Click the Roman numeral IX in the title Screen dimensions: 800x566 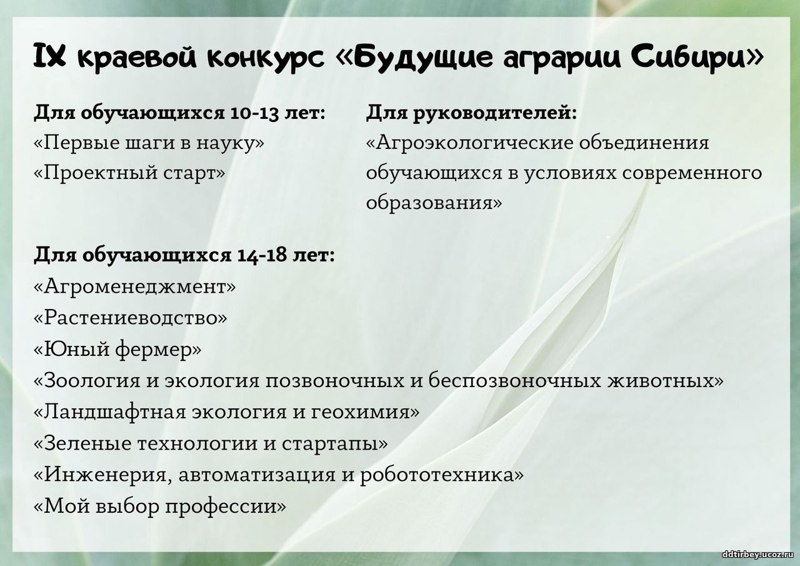(x=49, y=56)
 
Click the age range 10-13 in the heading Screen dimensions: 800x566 (x=254, y=113)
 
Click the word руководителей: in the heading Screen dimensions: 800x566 (x=495, y=114)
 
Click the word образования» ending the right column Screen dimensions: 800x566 (x=434, y=203)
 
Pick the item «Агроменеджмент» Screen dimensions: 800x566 (x=135, y=286)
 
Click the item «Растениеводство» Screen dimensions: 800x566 (x=131, y=318)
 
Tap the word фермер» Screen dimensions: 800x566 (x=158, y=350)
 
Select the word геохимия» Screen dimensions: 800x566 (x=366, y=413)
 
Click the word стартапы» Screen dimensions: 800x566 (x=335, y=445)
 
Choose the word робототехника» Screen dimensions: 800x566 (x=442, y=475)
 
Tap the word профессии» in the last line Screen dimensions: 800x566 (x=226, y=507)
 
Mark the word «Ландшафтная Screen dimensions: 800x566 (x=110, y=413)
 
